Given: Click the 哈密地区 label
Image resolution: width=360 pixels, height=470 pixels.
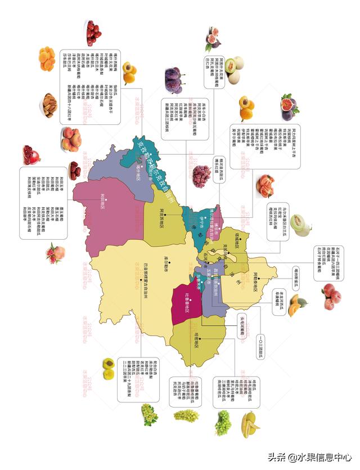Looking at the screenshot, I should coord(204,339).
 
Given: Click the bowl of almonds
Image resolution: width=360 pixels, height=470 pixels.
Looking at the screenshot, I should coord(49,105).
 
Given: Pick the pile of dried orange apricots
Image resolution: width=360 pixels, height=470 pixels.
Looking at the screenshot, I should coord(47,59).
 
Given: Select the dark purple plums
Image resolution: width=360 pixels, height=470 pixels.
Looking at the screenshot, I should coord(173,80).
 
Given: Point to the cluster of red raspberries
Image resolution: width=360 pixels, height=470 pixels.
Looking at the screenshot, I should coord(201,176).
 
